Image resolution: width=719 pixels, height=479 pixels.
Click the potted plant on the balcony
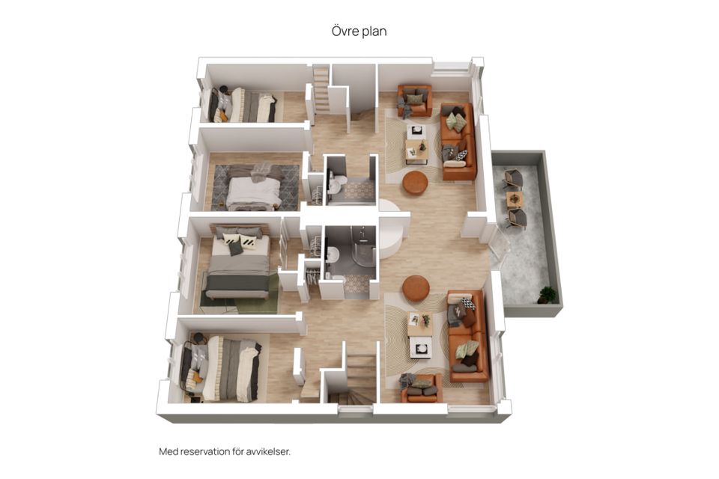pos(547,294)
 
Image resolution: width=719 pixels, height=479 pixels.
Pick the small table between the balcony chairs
pos(515,199)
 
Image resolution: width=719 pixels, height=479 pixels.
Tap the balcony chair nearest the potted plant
pos(516,219)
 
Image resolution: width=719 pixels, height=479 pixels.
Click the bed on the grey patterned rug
pos(254,186)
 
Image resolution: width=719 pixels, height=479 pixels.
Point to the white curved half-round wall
pos(391,227)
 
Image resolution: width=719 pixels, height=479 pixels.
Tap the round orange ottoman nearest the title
pos(415,183)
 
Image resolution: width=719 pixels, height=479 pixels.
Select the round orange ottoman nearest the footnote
pos(416,288)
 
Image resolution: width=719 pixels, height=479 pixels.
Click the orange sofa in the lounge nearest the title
pos(458,141)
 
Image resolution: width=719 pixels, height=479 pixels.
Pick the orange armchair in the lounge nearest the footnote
pos(422,388)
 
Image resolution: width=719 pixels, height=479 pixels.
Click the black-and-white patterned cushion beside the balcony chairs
pos(461,155)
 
